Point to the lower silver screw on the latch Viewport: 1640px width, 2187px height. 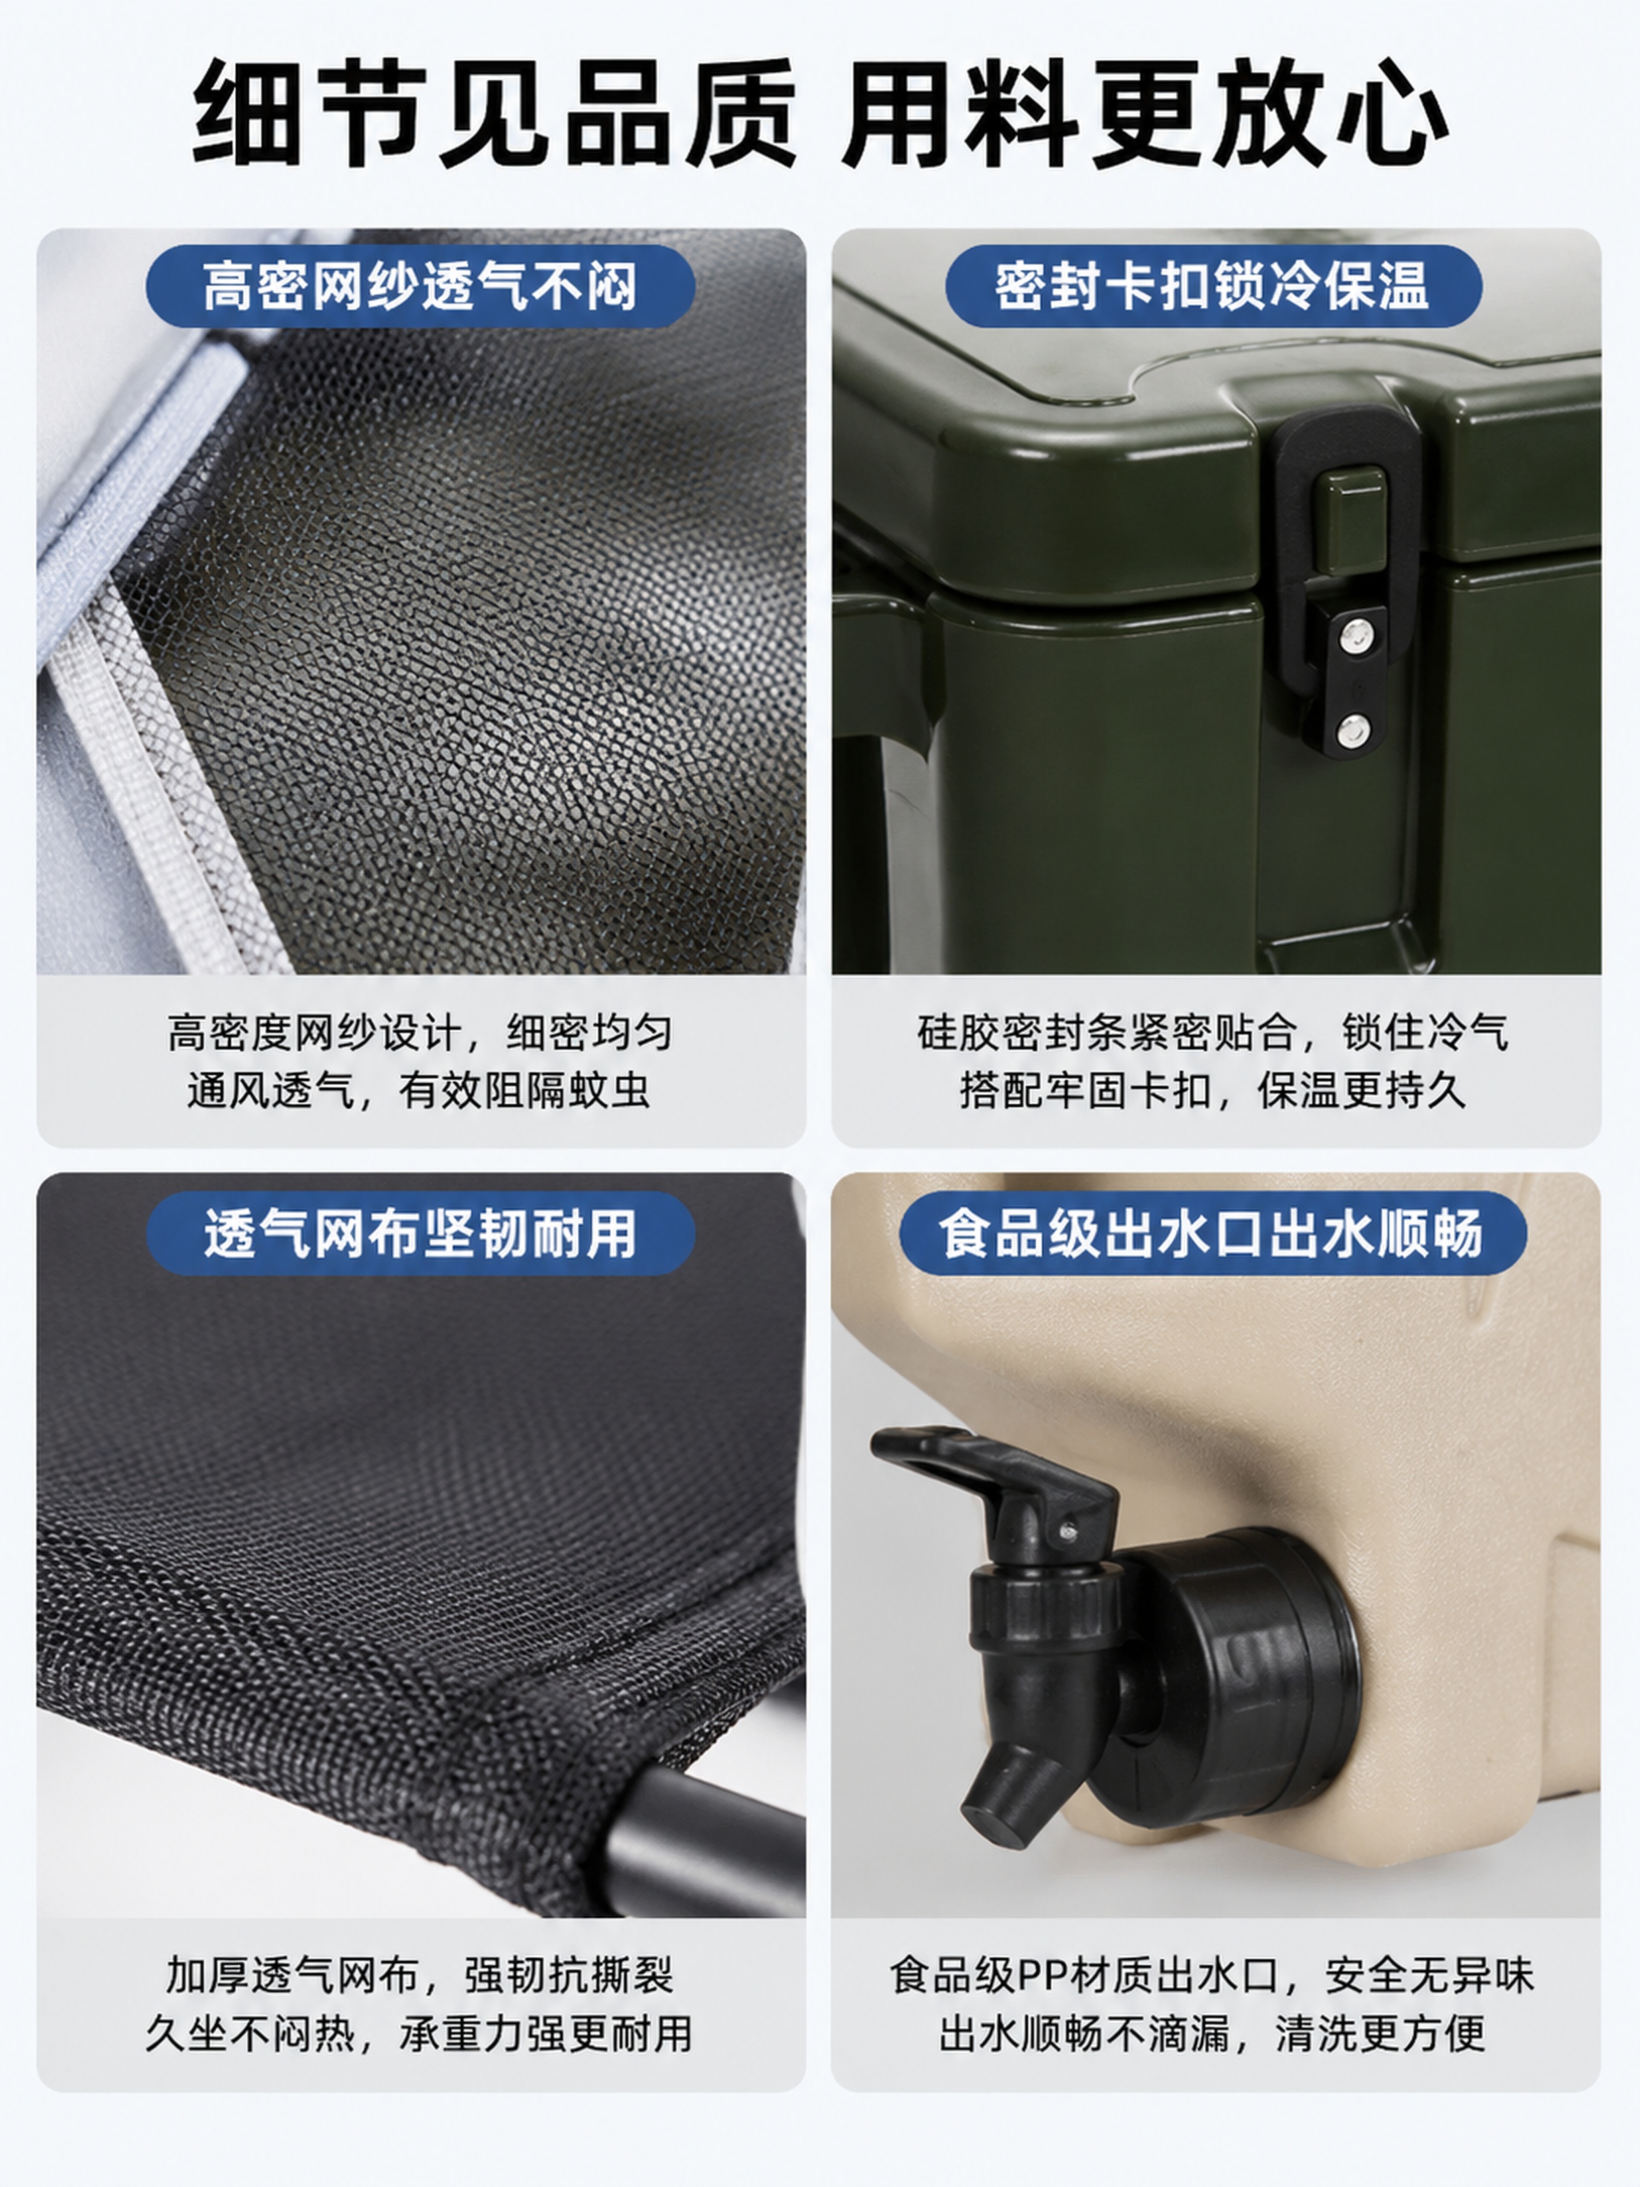point(1353,732)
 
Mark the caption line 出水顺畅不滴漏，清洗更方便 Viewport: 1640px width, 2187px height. point(1213,2034)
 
